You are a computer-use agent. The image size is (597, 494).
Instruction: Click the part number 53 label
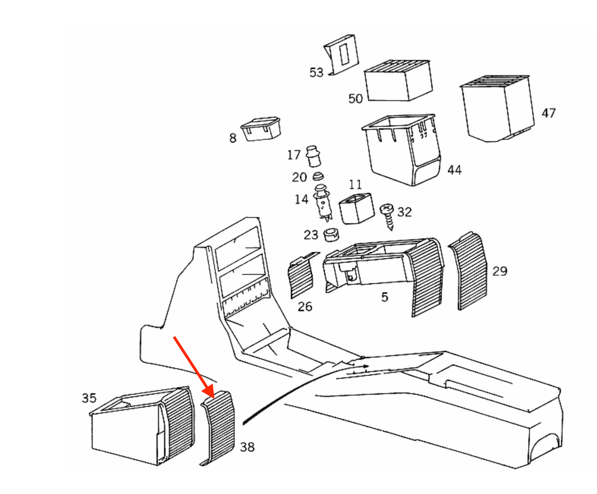(x=316, y=72)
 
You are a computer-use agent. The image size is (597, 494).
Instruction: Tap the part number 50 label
(x=355, y=99)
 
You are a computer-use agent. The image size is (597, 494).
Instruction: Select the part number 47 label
(x=548, y=113)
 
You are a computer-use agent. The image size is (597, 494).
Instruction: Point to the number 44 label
(x=454, y=170)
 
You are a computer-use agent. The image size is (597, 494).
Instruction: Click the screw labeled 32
(x=388, y=216)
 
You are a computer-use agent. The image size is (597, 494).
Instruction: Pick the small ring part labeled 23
(x=331, y=235)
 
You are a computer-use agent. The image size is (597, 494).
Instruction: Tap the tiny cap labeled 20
(x=318, y=177)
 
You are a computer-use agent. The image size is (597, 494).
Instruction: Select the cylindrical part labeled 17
(x=313, y=156)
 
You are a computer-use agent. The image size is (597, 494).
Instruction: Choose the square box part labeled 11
(x=357, y=208)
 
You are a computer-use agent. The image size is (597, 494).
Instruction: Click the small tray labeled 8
(x=261, y=129)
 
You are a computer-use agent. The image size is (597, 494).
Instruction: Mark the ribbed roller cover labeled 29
(x=468, y=271)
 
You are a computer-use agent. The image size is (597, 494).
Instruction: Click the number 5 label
(x=385, y=297)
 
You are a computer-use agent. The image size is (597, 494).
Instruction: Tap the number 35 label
(x=89, y=398)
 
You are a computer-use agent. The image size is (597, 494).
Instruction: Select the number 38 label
(x=247, y=447)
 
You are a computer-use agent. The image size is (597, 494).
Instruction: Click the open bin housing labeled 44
(x=401, y=150)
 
